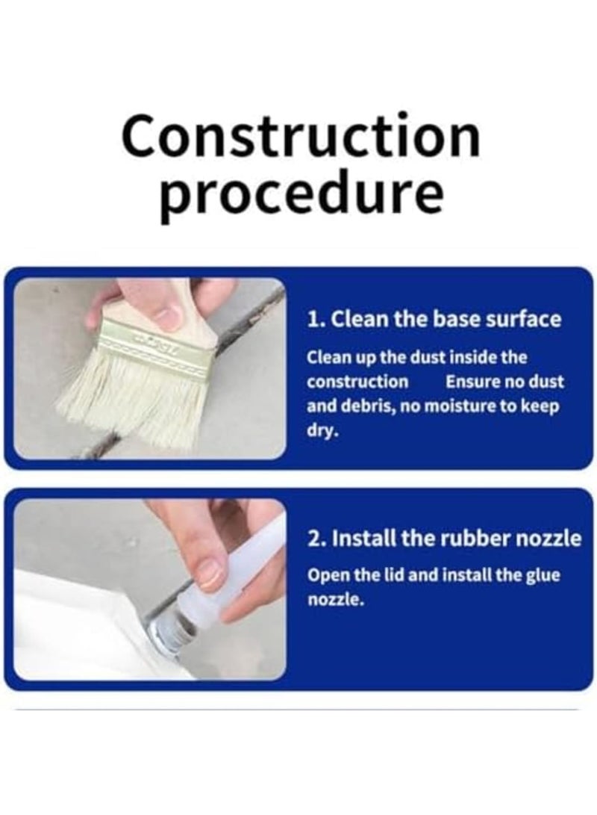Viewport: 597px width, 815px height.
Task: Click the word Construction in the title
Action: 301,137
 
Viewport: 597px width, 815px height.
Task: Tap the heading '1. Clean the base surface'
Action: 434,320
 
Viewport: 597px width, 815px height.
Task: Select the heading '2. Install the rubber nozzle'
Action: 444,539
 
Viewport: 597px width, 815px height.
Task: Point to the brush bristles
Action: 134,403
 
